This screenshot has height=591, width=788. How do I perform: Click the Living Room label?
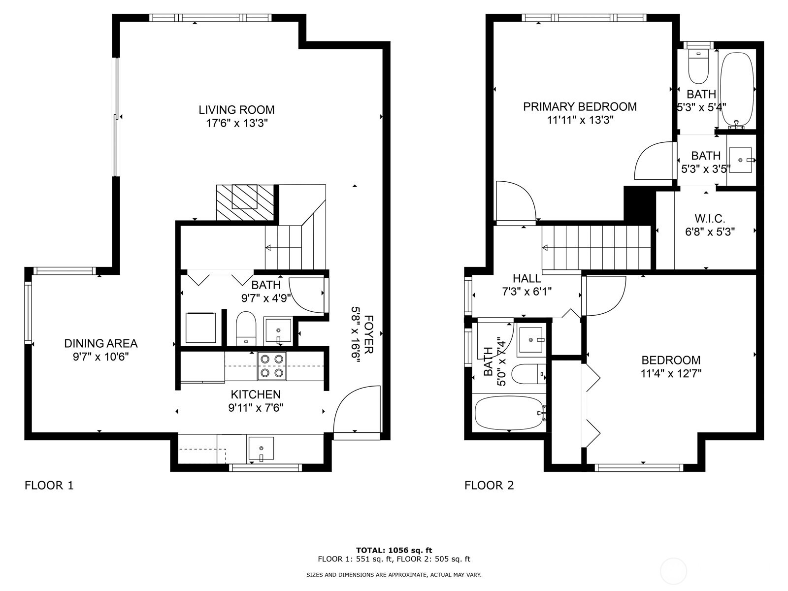tap(236, 110)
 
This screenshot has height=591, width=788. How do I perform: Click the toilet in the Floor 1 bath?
tap(246, 327)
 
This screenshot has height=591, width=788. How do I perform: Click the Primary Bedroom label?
tap(580, 107)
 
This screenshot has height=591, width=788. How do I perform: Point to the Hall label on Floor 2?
tap(526, 279)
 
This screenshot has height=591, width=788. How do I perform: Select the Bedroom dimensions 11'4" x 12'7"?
tap(671, 374)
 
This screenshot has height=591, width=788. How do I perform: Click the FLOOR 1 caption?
tap(49, 486)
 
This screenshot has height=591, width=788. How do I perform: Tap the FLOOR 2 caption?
tap(489, 486)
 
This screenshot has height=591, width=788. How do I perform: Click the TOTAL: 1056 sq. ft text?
tap(394, 550)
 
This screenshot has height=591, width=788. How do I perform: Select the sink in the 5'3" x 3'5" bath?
tap(741, 160)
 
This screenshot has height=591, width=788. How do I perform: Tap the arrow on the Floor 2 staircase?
tap(546, 248)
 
